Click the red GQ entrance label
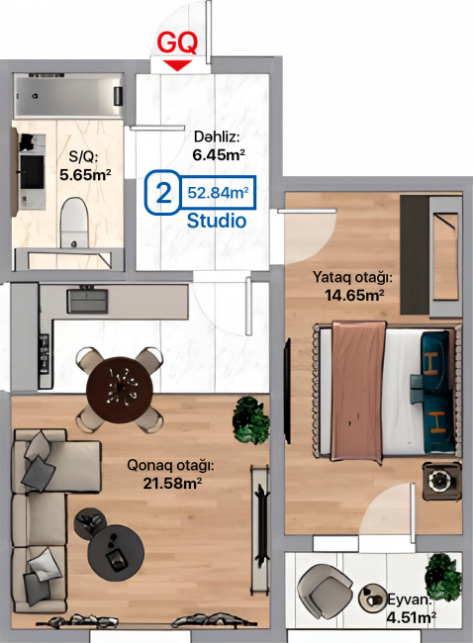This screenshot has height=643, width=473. [x=177, y=43]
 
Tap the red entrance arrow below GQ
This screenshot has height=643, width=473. [x=177, y=65]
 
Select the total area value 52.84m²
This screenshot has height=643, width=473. [x=218, y=192]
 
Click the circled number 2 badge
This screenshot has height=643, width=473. [x=163, y=192]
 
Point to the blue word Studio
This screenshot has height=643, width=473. [x=217, y=221]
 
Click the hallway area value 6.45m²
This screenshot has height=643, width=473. [x=219, y=155]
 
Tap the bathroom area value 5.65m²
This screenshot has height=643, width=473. [x=85, y=175]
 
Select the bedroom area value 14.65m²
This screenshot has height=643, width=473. [x=354, y=295]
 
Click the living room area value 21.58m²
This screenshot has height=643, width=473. [x=172, y=483]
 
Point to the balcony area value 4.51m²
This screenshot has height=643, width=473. [x=412, y=616]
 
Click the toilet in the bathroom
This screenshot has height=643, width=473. [x=74, y=222]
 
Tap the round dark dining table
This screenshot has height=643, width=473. [x=120, y=390]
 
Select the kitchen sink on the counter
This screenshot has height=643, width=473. [x=87, y=301]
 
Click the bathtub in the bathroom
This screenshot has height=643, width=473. [x=68, y=97]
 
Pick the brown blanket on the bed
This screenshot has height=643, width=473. [x=358, y=392]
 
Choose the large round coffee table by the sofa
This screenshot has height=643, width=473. [x=116, y=551]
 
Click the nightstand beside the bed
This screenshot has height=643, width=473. [x=442, y=481]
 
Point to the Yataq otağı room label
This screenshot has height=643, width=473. [x=352, y=277]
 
